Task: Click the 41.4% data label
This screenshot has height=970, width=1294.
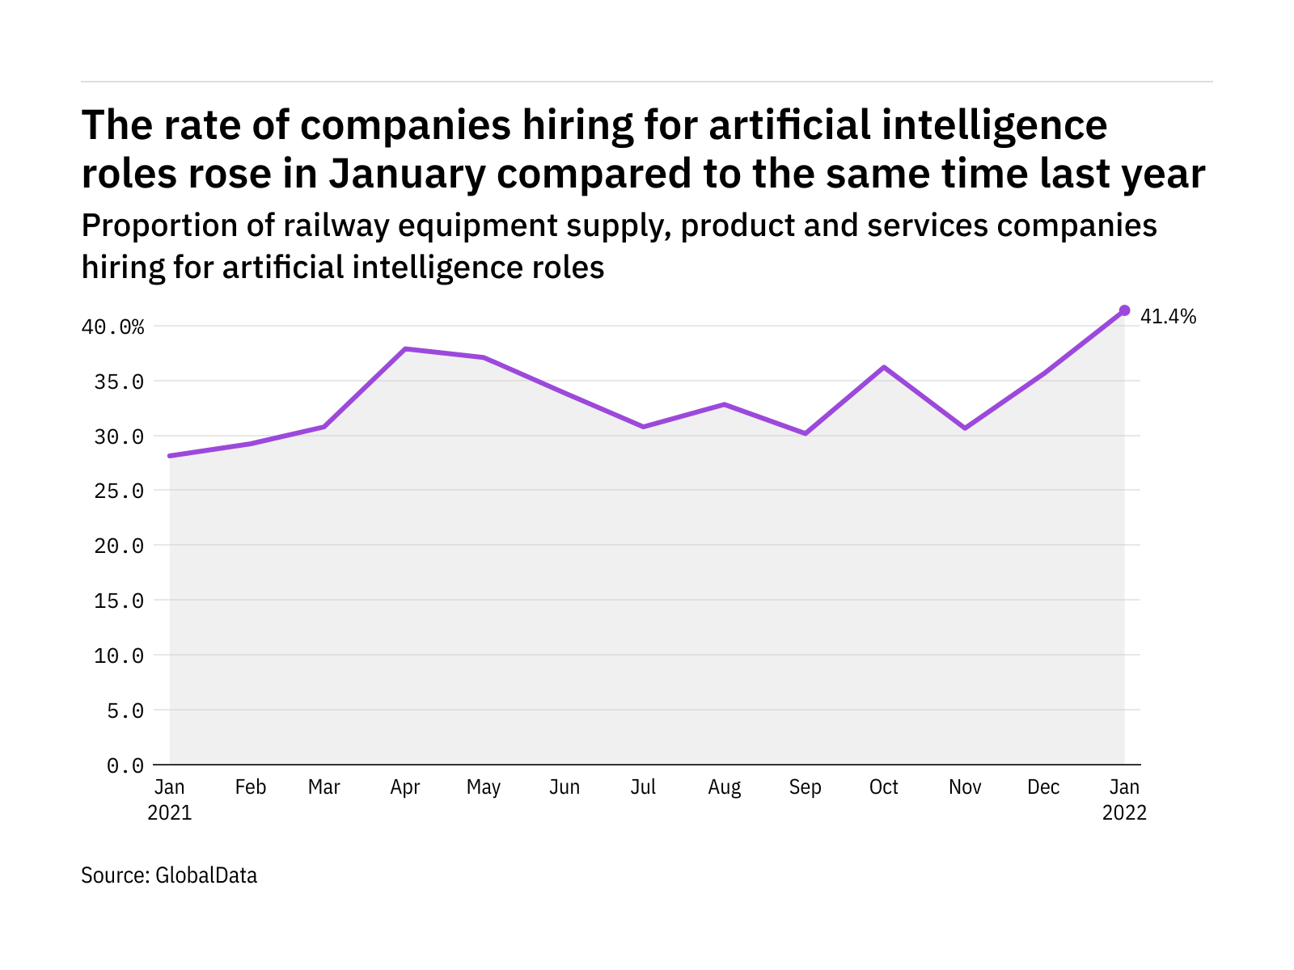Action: pyautogui.click(x=1168, y=317)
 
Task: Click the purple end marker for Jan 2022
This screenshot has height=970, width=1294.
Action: pyautogui.click(x=1124, y=310)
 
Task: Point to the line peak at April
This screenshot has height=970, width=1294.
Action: pyautogui.click(x=405, y=348)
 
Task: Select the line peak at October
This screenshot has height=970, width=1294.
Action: pyautogui.click(x=885, y=367)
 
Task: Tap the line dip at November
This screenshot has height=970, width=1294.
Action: pyautogui.click(x=965, y=428)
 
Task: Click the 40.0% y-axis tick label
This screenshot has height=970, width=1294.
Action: pyautogui.click(x=112, y=327)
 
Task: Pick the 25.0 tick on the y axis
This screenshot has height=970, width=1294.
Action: pyautogui.click(x=119, y=491)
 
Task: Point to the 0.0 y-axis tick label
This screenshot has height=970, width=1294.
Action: pyautogui.click(x=125, y=765)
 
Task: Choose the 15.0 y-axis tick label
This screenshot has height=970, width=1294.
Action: pyautogui.click(x=119, y=601)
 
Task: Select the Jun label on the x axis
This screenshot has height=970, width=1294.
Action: pyautogui.click(x=565, y=787)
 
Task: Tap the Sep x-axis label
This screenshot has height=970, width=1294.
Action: pyautogui.click(x=805, y=787)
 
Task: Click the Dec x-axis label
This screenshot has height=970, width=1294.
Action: pyautogui.click(x=1043, y=787)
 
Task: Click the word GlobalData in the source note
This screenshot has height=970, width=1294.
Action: pyautogui.click(x=206, y=875)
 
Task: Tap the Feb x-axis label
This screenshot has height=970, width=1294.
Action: pyautogui.click(x=251, y=787)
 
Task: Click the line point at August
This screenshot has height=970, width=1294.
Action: pyautogui.click(x=725, y=404)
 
